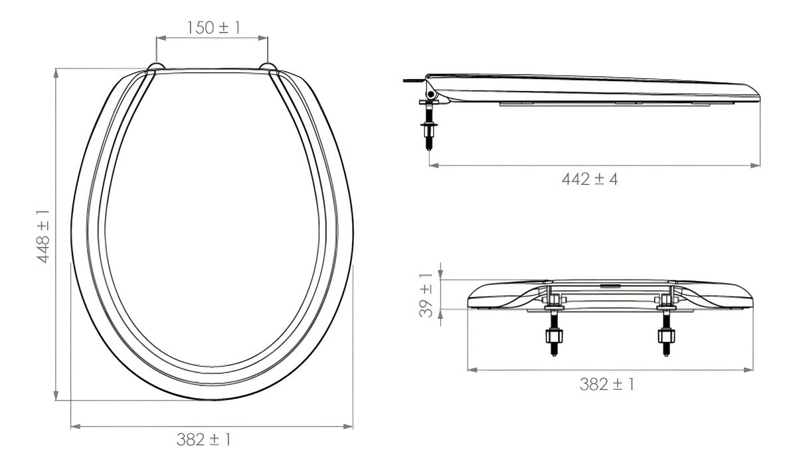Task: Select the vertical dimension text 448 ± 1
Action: pyautogui.click(x=43, y=234)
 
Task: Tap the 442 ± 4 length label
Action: pyautogui.click(x=590, y=179)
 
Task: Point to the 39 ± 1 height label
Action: pyautogui.click(x=426, y=294)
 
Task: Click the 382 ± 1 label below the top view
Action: pyautogui.click(x=204, y=439)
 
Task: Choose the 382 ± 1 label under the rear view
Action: pyautogui.click(x=606, y=384)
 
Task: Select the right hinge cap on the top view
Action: pyautogui.click(x=268, y=67)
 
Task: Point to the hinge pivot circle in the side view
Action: pyautogui.click(x=431, y=95)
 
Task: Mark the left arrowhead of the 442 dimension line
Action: pyautogui.click(x=433, y=165)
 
